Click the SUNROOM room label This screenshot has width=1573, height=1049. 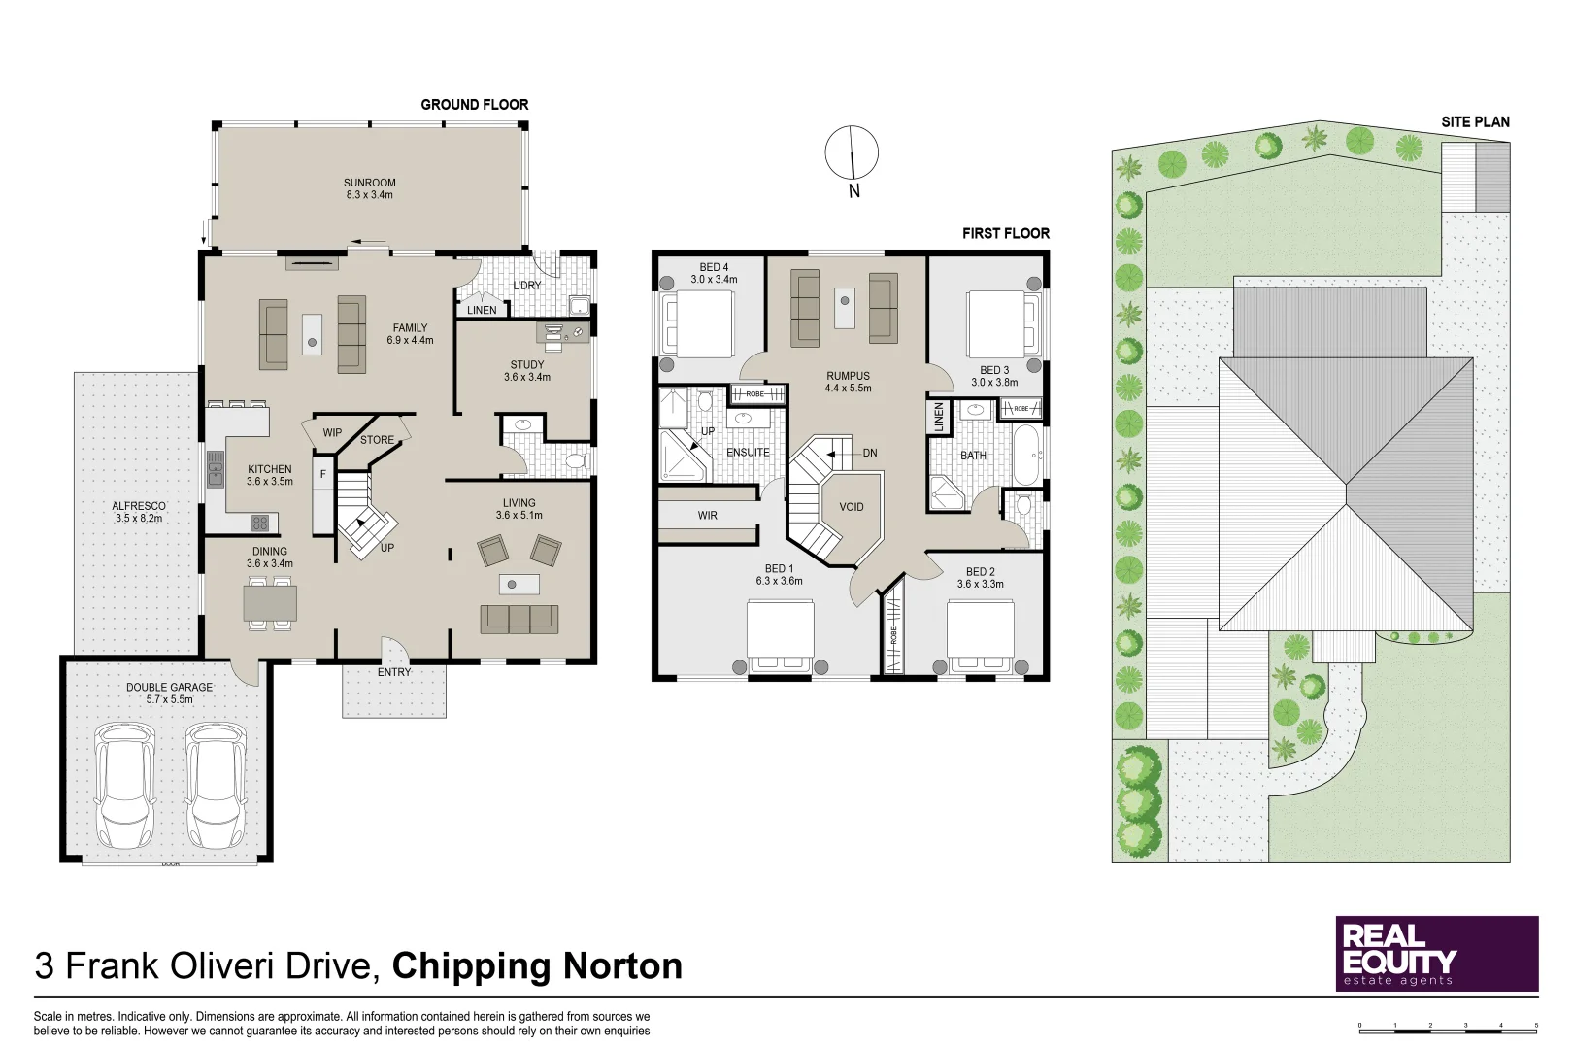(369, 188)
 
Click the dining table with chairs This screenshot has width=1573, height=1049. (270, 603)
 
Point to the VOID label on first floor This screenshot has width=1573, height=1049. (852, 507)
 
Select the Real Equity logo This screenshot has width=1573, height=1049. (1437, 954)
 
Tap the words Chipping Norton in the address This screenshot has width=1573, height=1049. (537, 966)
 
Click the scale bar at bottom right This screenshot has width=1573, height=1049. (1448, 1026)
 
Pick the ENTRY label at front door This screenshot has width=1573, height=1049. (394, 672)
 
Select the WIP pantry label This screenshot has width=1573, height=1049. (332, 433)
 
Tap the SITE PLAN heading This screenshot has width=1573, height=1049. (1475, 121)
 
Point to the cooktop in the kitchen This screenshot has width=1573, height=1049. (260, 523)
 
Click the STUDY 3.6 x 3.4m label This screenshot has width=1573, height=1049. (527, 371)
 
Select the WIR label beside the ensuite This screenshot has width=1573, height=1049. (707, 516)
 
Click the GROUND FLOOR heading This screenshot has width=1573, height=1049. (474, 104)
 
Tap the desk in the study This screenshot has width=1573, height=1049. (562, 332)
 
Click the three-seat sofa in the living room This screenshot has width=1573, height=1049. (519, 618)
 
